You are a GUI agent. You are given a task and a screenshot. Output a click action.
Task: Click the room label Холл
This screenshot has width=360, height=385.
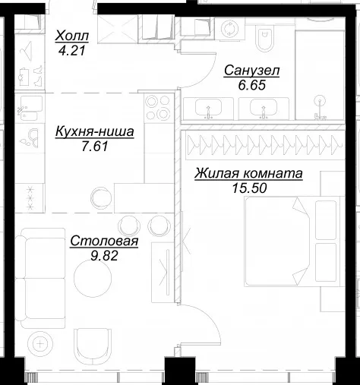coord(72,36)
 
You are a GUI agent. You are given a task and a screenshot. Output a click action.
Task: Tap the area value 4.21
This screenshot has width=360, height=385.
coord(71,51)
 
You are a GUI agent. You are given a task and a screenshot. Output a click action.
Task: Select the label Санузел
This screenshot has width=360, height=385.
coord(251,71)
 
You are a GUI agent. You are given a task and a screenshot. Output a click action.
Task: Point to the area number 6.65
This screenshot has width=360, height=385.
coord(251,85)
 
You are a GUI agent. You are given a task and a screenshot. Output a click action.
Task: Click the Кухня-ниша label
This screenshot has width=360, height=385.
coord(94,132)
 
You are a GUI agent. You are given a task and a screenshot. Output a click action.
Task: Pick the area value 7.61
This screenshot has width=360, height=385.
coord(95,147)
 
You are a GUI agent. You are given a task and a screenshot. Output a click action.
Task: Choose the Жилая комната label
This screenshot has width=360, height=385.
coord(248,174)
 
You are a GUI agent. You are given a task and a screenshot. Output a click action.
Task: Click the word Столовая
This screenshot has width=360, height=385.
coord(104,241)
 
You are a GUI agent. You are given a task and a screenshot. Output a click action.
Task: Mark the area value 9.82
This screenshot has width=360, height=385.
coord(104,256)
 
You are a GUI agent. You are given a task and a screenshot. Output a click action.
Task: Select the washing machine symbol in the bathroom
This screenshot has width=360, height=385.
coord(229,28)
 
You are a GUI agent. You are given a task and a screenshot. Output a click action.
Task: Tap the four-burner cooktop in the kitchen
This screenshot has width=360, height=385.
coord(157,109)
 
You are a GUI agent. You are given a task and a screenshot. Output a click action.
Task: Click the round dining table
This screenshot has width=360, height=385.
coord(93,278)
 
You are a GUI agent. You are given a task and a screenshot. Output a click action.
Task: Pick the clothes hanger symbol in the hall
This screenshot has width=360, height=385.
coord(27,51)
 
